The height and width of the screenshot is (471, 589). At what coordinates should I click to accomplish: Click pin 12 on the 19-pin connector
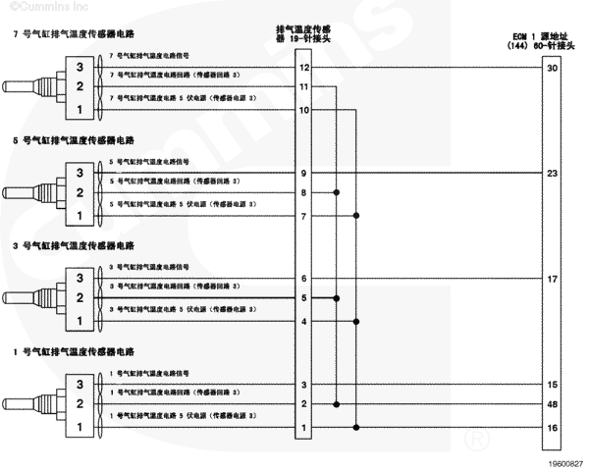click(304, 68)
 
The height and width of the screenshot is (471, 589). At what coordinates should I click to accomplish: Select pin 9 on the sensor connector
click(304, 173)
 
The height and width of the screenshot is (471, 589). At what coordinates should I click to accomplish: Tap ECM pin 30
click(552, 68)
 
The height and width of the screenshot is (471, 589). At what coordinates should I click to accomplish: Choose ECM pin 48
click(552, 404)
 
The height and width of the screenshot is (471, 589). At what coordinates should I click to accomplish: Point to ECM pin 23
click(552, 173)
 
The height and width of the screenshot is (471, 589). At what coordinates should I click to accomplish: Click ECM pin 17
click(552, 279)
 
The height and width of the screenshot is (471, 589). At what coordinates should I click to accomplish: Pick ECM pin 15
click(552, 385)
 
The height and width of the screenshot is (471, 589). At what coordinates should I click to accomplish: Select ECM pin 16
click(552, 427)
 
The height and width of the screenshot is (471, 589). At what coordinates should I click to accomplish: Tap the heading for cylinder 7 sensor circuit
click(67, 33)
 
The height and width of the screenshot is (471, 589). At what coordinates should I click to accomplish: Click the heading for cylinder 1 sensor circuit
click(67, 350)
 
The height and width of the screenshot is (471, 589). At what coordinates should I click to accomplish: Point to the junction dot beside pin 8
click(337, 192)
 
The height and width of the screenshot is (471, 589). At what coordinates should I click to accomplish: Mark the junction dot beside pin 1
click(355, 427)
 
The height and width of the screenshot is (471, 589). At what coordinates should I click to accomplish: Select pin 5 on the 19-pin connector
click(304, 298)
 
